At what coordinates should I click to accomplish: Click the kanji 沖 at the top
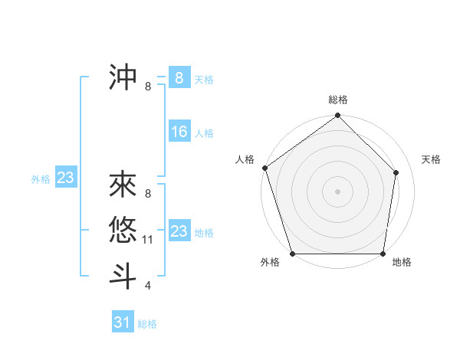point(123,77)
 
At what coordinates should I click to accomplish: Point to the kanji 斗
point(123,276)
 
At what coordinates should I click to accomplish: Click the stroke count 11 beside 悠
point(149,240)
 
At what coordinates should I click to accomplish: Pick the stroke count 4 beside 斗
point(148,286)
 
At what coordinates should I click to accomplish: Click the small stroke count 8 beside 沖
point(148,87)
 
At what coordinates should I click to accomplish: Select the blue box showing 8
point(179,78)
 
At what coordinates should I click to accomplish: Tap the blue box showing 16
point(179,133)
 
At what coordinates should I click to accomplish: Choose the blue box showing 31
point(122,322)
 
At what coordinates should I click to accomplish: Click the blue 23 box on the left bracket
point(65,178)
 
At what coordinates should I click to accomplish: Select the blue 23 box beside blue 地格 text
point(179,231)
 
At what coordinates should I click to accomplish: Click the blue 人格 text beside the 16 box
point(204,133)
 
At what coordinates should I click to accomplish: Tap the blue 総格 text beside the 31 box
point(147,324)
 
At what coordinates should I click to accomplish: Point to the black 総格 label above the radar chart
point(337,100)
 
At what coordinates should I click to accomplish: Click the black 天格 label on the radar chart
point(431,159)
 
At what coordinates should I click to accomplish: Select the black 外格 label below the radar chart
point(270,263)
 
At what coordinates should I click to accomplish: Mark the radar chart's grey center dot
point(337,191)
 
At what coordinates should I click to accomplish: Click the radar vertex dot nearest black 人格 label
point(264,169)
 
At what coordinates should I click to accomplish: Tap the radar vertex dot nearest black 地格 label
point(383,254)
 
